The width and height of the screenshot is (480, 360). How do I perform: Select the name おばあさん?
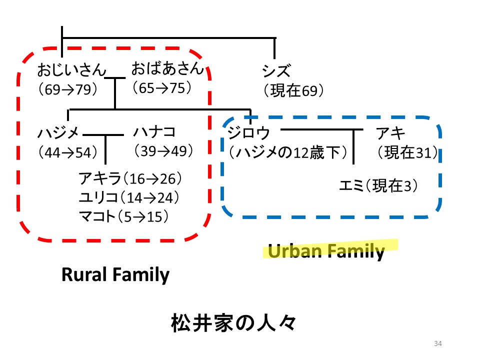click(x=167, y=68)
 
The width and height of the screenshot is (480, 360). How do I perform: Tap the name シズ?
click(x=276, y=71)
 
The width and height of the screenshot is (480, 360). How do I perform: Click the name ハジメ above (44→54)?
click(x=58, y=133)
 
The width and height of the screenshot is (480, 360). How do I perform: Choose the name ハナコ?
click(x=154, y=132)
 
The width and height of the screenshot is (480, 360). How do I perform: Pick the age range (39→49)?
click(x=163, y=150)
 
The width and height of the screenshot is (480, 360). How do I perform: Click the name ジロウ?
click(x=248, y=133)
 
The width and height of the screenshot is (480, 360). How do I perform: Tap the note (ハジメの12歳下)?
click(x=288, y=152)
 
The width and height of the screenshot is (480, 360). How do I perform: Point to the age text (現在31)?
click(x=407, y=152)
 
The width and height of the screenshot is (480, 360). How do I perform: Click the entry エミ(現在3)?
click(x=378, y=185)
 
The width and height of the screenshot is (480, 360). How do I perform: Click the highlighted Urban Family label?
click(x=326, y=250)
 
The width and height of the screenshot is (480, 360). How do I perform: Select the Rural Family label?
click(x=115, y=274)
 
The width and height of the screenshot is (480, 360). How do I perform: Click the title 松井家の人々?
click(x=233, y=323)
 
